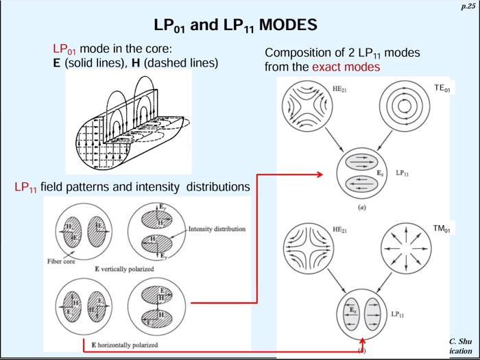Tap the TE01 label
click(443, 88)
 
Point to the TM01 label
click(443, 227)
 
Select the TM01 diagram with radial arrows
click(405, 249)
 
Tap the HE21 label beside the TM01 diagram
click(339, 228)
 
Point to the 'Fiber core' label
click(61, 261)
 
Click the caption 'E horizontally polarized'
click(124, 344)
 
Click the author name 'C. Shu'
click(460, 341)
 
